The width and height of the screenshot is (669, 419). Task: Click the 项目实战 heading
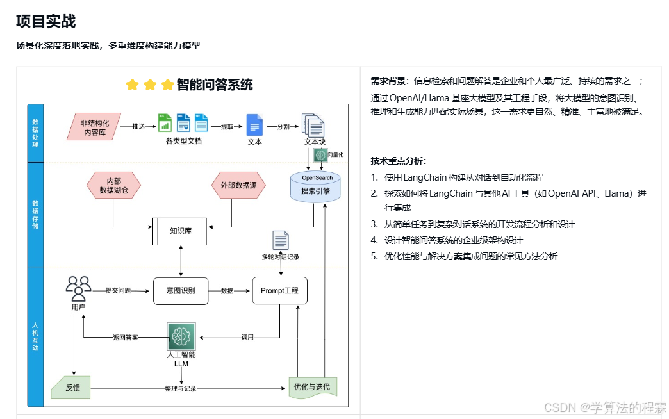[x=46, y=22]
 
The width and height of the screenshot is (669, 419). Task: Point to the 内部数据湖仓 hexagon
[x=113, y=186]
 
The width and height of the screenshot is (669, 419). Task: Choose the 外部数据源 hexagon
[x=238, y=186]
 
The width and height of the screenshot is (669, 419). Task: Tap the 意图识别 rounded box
[x=181, y=290]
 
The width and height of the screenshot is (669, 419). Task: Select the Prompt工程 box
[x=279, y=290]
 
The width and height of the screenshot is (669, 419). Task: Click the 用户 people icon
[x=79, y=288]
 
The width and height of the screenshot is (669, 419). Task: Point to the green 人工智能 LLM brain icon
[x=180, y=336]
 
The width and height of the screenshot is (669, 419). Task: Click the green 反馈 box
[x=72, y=388]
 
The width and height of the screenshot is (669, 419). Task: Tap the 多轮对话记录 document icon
[x=280, y=240]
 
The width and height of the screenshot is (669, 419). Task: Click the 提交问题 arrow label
[x=119, y=290]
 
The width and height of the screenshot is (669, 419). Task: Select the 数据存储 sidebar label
[x=35, y=215]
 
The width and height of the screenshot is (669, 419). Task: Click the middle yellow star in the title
[x=150, y=85]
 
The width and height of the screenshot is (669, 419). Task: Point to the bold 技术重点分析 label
[x=398, y=161]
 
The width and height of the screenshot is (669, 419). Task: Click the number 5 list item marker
[x=374, y=256]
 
